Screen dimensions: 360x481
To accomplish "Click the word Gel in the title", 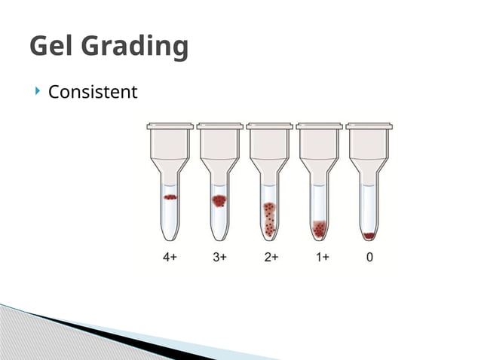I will click(x=55, y=47).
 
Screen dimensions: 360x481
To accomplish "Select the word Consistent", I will click(x=93, y=93).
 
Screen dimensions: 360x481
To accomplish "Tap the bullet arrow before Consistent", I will click(x=38, y=92).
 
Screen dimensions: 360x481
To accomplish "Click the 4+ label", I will click(x=170, y=257).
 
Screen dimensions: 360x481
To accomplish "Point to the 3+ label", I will click(x=220, y=257).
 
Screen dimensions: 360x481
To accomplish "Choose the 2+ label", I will click(x=271, y=257).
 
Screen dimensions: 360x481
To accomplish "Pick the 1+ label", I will click(x=321, y=257).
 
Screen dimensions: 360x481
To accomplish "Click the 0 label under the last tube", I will click(x=369, y=257).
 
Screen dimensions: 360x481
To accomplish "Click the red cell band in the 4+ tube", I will click(x=170, y=197).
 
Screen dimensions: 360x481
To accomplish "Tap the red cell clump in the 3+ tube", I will click(x=219, y=200).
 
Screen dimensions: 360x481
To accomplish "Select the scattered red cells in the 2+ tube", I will click(x=269, y=218).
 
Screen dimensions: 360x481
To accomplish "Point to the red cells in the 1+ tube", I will click(x=320, y=227).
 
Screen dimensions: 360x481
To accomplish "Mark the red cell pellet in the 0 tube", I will click(x=369, y=236).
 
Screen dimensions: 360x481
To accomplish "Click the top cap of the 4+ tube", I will click(x=170, y=126).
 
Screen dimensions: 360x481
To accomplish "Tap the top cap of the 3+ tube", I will click(x=220, y=126).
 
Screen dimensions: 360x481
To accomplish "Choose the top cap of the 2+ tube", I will click(x=269, y=126).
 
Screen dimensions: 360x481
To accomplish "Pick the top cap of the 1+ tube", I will click(x=320, y=126).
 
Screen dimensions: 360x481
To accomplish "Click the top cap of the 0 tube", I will click(x=369, y=126).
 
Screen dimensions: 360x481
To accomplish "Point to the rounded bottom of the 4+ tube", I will click(x=170, y=236).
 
